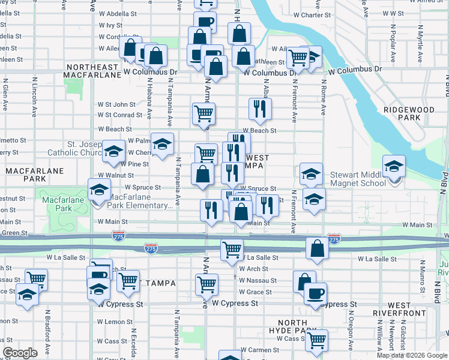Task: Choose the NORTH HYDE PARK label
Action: click(x=293, y=327)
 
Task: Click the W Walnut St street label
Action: click(x=116, y=175)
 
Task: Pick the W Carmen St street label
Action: click(x=259, y=350)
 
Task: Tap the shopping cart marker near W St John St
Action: click(x=204, y=113)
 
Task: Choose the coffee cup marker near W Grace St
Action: click(x=315, y=294)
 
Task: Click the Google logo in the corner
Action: click(x=20, y=353)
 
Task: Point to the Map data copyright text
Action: click(x=411, y=355)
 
